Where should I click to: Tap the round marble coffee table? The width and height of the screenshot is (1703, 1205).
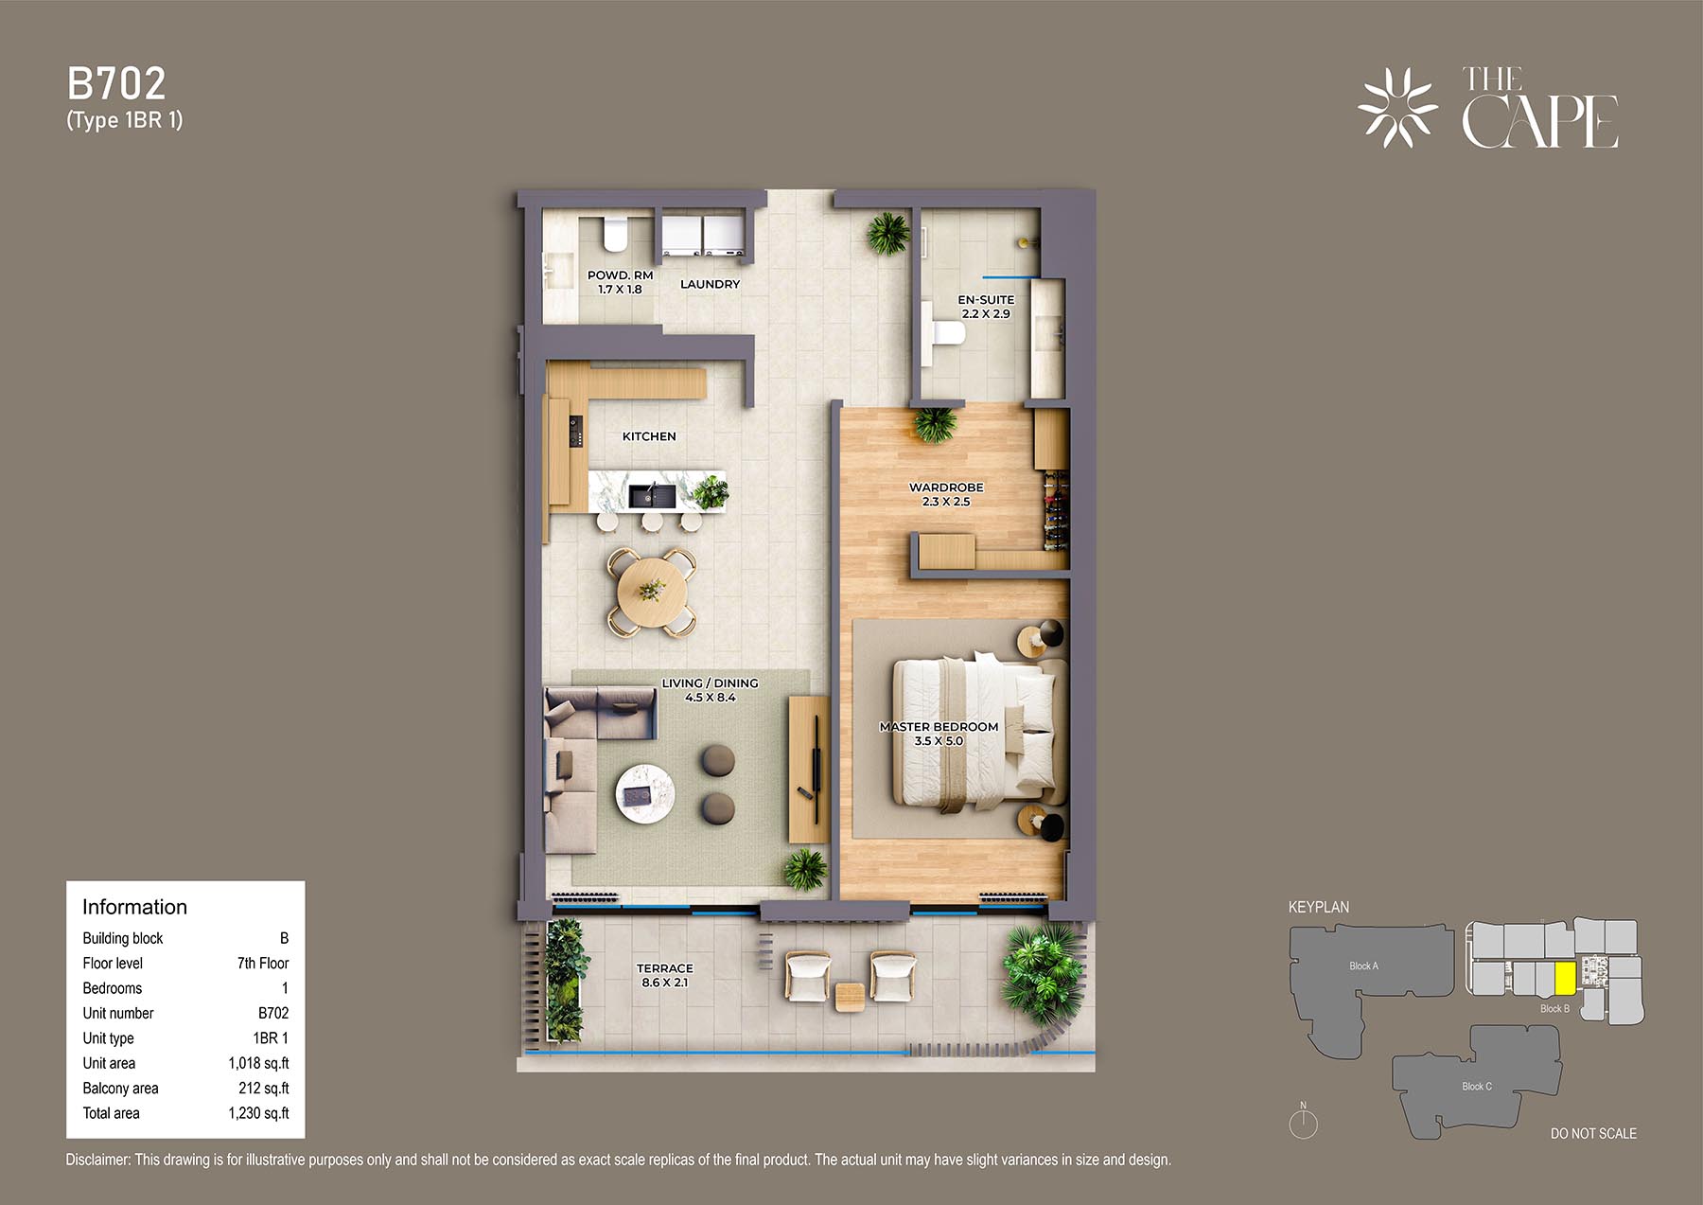[x=645, y=794]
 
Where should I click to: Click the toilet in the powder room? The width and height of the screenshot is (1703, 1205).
[x=616, y=234]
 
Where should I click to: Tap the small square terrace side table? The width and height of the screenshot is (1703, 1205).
[x=850, y=998]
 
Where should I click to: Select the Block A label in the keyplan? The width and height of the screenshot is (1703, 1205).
[x=1363, y=966]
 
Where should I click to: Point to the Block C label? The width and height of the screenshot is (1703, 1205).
[x=1476, y=1087]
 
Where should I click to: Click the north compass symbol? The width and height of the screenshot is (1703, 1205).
[x=1303, y=1123]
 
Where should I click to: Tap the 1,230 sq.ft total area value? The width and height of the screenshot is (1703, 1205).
[x=258, y=1113]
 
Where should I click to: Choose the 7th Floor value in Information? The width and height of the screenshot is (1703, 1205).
[x=263, y=964]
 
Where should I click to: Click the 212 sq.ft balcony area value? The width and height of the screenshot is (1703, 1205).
[x=264, y=1089]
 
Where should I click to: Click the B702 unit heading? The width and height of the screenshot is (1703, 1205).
[x=116, y=84]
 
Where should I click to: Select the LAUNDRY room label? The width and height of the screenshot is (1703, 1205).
[x=710, y=284]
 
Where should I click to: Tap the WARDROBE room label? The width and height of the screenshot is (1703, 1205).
[x=946, y=487]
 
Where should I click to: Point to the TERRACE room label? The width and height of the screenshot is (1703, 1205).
[x=664, y=968]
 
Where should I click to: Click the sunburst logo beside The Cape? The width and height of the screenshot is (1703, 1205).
[x=1397, y=108]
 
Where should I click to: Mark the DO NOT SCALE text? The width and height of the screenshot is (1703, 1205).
[x=1593, y=1134]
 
